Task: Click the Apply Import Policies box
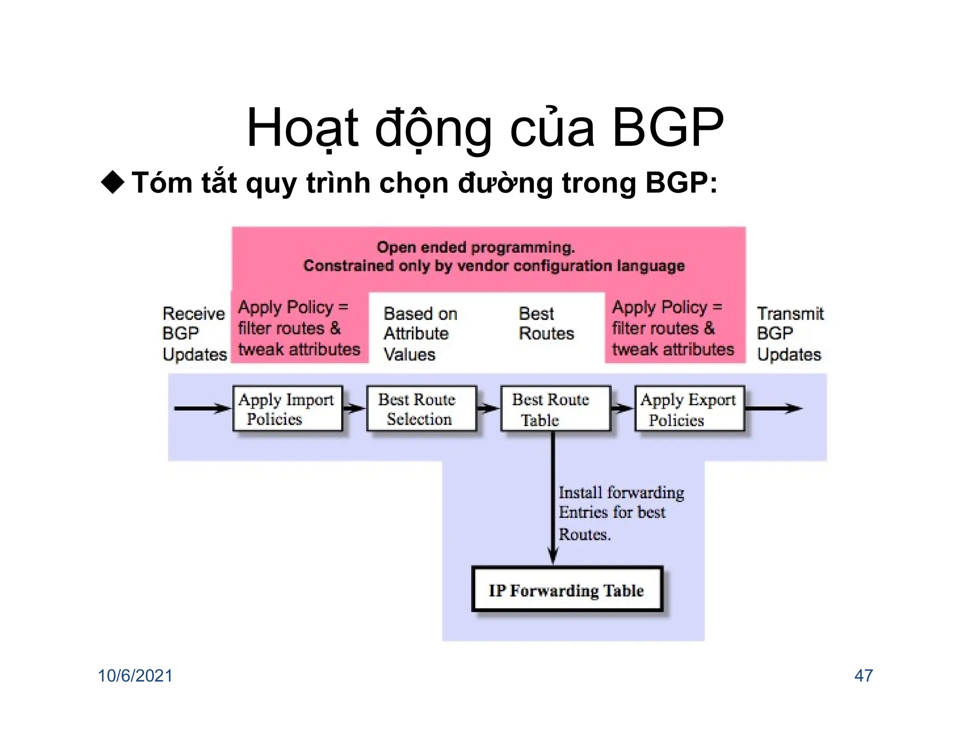[x=287, y=408]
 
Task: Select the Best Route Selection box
[x=421, y=408]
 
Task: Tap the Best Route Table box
[x=555, y=408]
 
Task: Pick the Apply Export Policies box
[x=689, y=408]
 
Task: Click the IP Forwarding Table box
[x=567, y=589]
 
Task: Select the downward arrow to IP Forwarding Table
[x=553, y=498]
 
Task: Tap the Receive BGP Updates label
[x=194, y=334]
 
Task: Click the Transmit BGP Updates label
[x=790, y=334]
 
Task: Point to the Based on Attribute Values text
[x=420, y=334]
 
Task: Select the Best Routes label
[x=546, y=324]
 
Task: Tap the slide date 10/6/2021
[x=135, y=676]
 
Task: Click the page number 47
[x=863, y=676]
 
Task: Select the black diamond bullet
[x=113, y=183]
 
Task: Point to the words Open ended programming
[x=476, y=247]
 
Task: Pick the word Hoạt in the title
[x=302, y=128]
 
